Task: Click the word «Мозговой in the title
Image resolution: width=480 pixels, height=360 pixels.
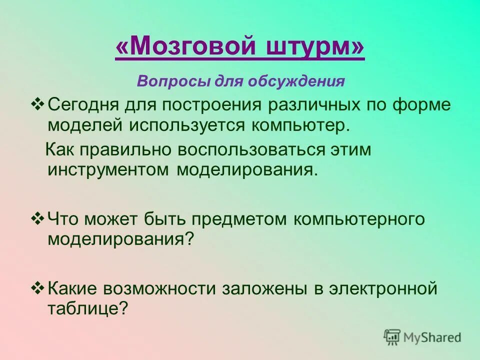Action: (x=182, y=48)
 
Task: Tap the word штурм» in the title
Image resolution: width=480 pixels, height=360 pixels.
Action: (x=315, y=48)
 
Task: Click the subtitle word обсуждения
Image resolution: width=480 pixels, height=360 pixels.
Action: (x=298, y=81)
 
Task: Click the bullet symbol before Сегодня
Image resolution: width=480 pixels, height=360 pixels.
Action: (x=38, y=105)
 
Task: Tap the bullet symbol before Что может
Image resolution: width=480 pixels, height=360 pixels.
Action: (x=38, y=218)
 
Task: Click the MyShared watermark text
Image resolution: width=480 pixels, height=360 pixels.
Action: (x=432, y=337)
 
